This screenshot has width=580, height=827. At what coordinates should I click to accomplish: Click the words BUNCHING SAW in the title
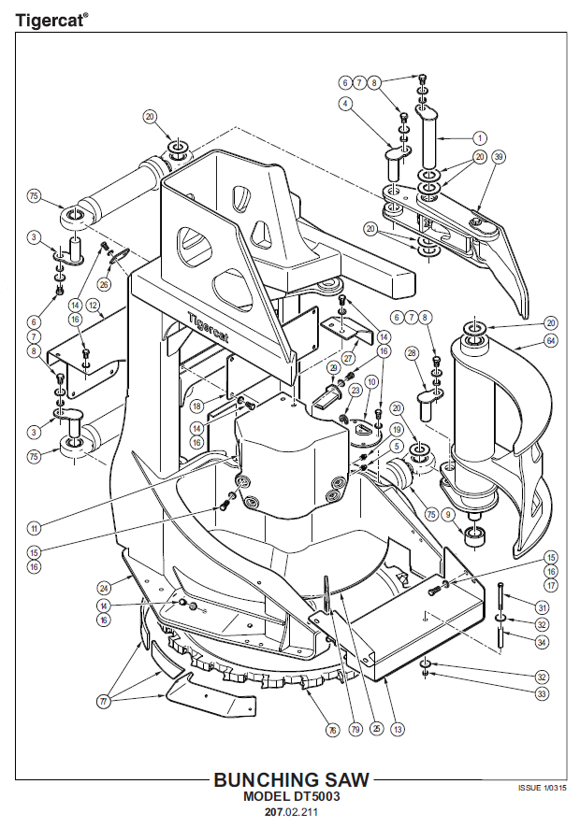[x=291, y=780]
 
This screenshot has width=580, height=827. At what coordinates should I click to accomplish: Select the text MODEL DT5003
[x=291, y=797]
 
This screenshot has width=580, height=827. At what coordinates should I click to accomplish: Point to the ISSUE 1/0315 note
[x=543, y=788]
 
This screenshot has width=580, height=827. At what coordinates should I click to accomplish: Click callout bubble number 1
[x=480, y=136]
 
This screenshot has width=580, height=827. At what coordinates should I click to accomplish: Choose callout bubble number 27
[x=347, y=357]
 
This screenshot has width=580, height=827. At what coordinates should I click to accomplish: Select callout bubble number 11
[x=35, y=528]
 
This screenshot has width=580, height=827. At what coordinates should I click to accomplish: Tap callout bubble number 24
[x=105, y=588]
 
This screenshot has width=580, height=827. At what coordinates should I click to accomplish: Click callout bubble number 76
[x=331, y=731]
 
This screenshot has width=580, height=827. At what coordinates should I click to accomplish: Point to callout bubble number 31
[x=543, y=606]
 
